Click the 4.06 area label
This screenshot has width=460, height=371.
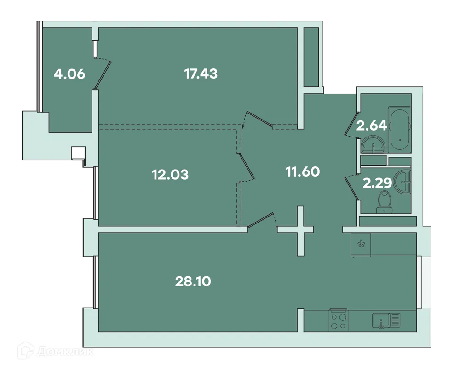[x=69, y=74]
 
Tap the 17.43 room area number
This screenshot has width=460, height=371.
[x=201, y=73]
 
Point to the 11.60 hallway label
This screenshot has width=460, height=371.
[x=302, y=171]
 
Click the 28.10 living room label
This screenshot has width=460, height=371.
[x=193, y=281]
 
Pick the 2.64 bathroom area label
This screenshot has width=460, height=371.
[x=372, y=126]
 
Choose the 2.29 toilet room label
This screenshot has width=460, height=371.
[x=377, y=183]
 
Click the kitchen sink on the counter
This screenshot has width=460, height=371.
[x=385, y=320]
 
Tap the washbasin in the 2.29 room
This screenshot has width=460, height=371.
[x=405, y=181]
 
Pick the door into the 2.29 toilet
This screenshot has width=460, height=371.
[x=353, y=187]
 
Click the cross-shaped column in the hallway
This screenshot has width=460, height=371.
[x=300, y=230]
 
